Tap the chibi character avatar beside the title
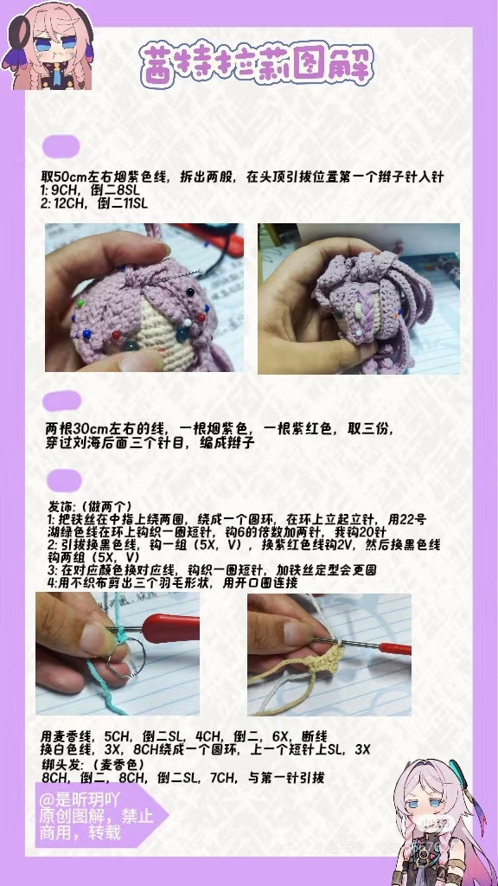tap(50, 45)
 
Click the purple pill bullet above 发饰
tap(63, 480)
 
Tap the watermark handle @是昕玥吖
tap(82, 801)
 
